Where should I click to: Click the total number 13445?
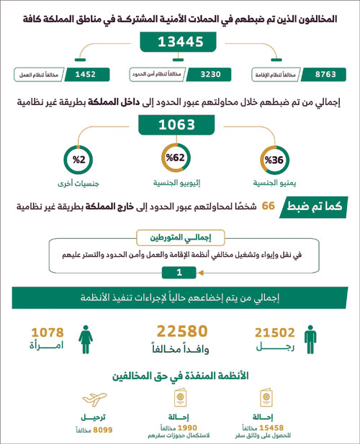[179, 42]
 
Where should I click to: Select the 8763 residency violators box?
[320, 74]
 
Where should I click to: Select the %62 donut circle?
[177, 158]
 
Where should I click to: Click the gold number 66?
[268, 207]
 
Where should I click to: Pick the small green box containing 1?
[179, 271]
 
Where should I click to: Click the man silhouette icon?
[310, 338]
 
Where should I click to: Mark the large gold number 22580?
[182, 331]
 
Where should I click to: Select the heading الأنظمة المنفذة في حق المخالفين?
[180, 376]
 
